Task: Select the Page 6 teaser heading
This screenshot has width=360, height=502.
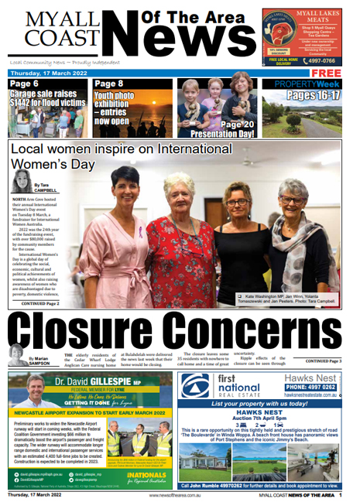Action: [25, 84]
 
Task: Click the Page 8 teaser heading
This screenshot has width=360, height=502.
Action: [109, 84]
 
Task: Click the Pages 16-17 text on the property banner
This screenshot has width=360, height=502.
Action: [313, 95]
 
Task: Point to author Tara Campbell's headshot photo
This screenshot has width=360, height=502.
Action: [21, 181]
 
